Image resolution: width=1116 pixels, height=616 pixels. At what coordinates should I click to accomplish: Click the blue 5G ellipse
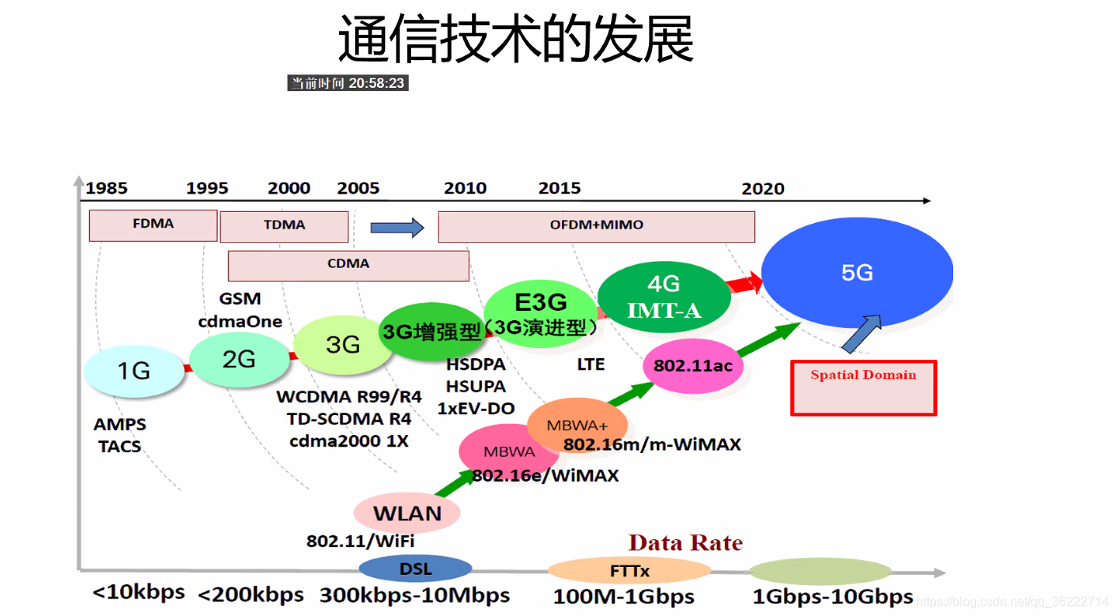(x=858, y=274)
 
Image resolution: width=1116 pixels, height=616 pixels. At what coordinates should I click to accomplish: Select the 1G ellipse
(x=134, y=370)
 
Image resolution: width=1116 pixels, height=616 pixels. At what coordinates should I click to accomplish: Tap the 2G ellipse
(x=239, y=359)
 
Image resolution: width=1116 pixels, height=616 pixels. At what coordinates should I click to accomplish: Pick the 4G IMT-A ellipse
(x=664, y=297)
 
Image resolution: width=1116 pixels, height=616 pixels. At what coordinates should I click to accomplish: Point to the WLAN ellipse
(x=407, y=512)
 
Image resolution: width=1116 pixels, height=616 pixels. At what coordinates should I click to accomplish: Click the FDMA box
(x=153, y=225)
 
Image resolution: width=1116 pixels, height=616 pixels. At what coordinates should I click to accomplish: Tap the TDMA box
(x=285, y=225)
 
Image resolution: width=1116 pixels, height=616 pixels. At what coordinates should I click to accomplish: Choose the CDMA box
(x=349, y=264)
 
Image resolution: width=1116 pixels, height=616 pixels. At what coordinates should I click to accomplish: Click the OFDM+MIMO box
(x=597, y=226)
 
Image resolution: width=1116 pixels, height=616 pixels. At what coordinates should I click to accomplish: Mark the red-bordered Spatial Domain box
(x=863, y=387)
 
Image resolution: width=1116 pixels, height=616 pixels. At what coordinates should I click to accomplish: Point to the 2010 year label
(x=465, y=188)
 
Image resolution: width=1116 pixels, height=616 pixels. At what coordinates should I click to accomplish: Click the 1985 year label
(x=107, y=188)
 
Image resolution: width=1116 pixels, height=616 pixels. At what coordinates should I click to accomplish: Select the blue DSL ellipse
(x=416, y=569)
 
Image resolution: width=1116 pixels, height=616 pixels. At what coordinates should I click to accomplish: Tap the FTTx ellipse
(x=629, y=570)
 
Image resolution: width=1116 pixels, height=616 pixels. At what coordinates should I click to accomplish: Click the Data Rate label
(x=685, y=542)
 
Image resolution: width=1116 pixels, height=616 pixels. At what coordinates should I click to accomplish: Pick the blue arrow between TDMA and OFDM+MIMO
(x=398, y=228)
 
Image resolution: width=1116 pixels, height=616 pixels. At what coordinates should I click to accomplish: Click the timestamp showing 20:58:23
(x=348, y=83)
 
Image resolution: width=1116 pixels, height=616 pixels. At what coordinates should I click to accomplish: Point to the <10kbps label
(x=138, y=591)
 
